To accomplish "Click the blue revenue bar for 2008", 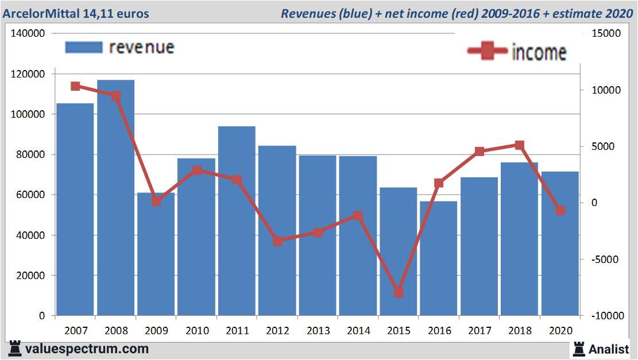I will pos(115,198).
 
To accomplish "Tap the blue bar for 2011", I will pos(237,221).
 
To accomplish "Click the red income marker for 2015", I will pos(399,292).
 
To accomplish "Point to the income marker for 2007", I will pos(75,86).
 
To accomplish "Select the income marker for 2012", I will pos(277,241).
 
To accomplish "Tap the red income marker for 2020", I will pos(560,211).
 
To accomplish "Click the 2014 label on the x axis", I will pos(358,331).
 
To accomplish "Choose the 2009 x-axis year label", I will pos(156,331).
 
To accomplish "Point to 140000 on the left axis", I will pos(28,34).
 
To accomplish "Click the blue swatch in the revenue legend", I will pos(84,47).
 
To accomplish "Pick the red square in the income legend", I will pos(487,52).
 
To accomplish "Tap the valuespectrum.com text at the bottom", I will pos(87,349).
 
